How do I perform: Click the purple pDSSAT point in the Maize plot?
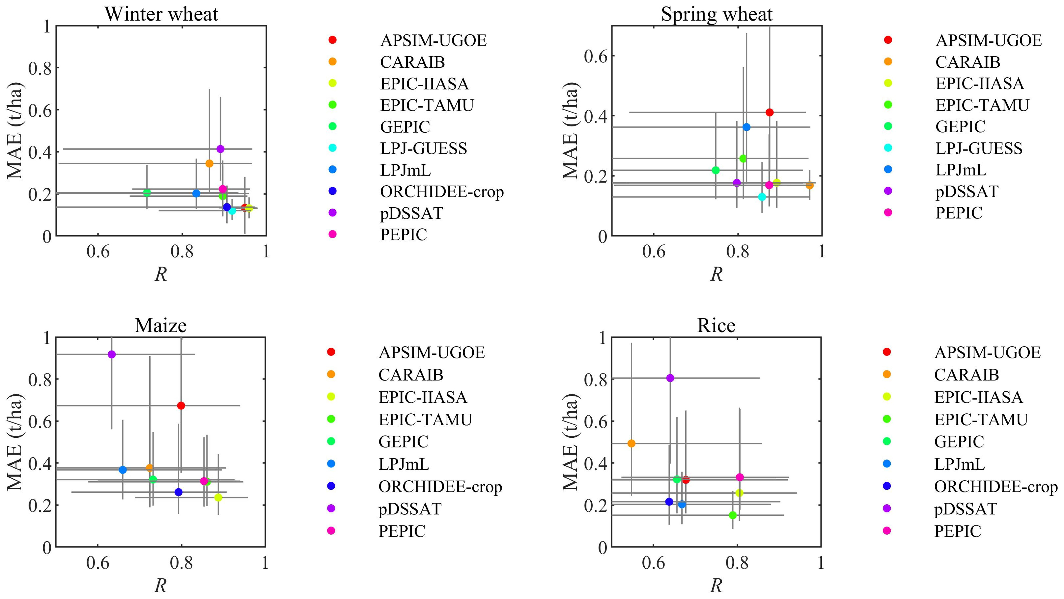point(111,354)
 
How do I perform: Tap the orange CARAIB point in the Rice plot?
point(631,443)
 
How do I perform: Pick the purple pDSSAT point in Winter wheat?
point(220,149)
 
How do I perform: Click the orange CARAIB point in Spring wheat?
point(810,185)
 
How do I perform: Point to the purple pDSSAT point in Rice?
point(670,378)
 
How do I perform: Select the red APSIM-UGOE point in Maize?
point(181,405)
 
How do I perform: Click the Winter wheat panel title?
point(161,14)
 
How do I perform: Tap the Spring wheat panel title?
point(717,14)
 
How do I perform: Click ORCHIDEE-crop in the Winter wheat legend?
point(442,192)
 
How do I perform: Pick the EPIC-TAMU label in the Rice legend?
point(981,419)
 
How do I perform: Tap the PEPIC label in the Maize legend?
point(402,531)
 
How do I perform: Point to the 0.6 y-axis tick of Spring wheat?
point(596,56)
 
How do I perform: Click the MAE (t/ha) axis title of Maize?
point(15,442)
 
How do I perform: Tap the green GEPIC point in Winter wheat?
point(147,192)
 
